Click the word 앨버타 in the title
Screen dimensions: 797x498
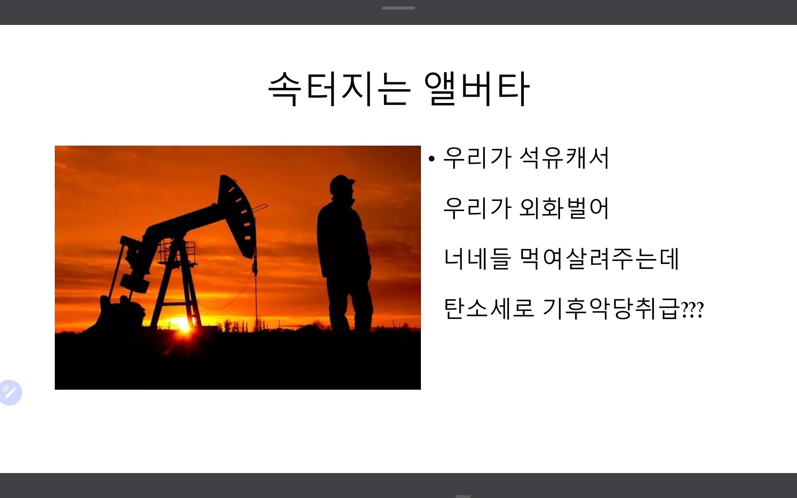477,88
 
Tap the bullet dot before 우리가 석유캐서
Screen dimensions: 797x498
432,159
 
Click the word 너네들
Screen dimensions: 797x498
477,258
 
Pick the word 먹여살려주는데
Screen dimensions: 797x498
599,258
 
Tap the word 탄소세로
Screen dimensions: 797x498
488,308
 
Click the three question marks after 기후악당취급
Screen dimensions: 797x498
692,310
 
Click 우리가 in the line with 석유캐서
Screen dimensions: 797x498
477,158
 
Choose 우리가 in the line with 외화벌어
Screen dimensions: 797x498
477,208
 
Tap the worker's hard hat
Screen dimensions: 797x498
342,183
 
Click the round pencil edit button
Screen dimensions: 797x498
10,392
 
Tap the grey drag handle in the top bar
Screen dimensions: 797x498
398,8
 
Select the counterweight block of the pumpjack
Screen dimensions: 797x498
134,282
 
